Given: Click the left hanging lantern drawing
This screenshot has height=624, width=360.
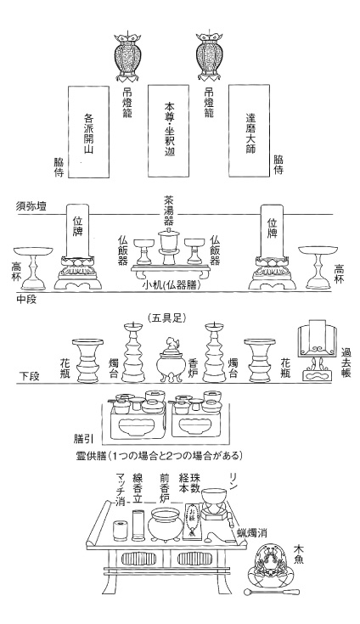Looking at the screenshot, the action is pyautogui.click(x=127, y=56).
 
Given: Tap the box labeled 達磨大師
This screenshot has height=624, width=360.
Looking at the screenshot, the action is pyautogui.click(x=249, y=131).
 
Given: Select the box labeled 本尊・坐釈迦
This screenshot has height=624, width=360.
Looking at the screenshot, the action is pyautogui.click(x=169, y=131).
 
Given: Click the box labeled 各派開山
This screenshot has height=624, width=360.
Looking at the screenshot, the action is pyautogui.click(x=88, y=132).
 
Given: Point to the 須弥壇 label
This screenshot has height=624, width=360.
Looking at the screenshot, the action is pyautogui.click(x=31, y=206).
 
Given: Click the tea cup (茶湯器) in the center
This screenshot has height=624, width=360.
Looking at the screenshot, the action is pyautogui.click(x=169, y=247).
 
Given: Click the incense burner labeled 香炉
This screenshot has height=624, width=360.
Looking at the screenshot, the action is pyautogui.click(x=169, y=361).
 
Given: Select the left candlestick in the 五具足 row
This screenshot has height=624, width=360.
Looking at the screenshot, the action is pyautogui.click(x=133, y=351).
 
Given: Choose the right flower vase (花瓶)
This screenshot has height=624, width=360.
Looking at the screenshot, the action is pyautogui.click(x=259, y=360).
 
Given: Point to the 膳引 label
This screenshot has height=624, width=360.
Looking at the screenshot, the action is pyautogui.click(x=83, y=439).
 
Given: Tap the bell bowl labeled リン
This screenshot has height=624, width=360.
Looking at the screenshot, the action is pyautogui.click(x=215, y=498).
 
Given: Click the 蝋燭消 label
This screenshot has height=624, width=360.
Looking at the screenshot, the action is pyautogui.click(x=253, y=532).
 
